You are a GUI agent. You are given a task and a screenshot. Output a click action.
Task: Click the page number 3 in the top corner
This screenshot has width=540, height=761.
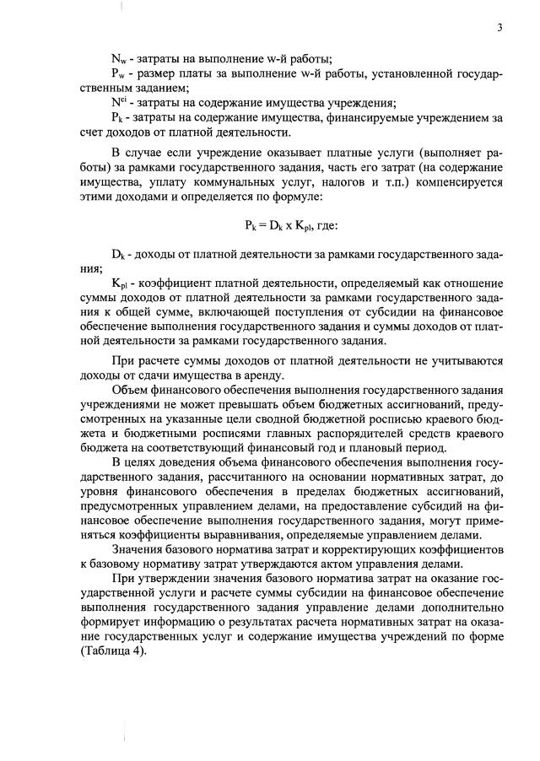tap(499, 27)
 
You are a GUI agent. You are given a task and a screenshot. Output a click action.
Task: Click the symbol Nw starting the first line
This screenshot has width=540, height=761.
tap(118, 58)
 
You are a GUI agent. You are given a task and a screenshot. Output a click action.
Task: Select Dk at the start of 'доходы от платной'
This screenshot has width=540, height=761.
tap(118, 255)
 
